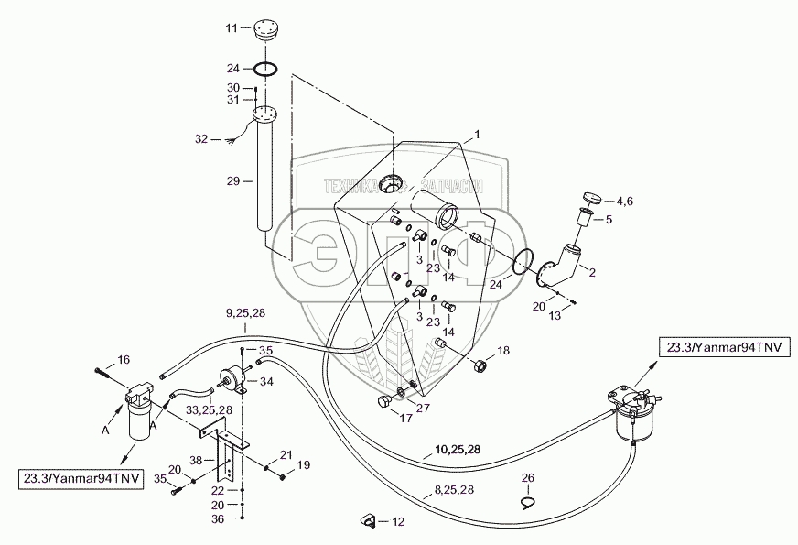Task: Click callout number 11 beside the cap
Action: pos(232,28)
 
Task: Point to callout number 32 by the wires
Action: pos(201,140)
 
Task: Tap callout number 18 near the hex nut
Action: pos(502,351)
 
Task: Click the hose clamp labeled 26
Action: pos(528,500)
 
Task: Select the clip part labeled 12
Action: pos(368,521)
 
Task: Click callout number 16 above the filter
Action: pos(124,359)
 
